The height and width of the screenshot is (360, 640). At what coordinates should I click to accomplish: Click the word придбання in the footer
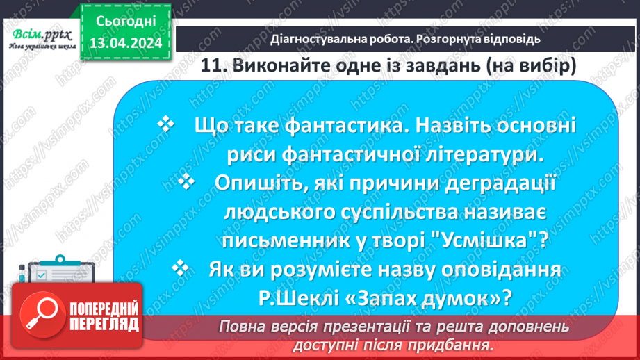click(457, 345)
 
